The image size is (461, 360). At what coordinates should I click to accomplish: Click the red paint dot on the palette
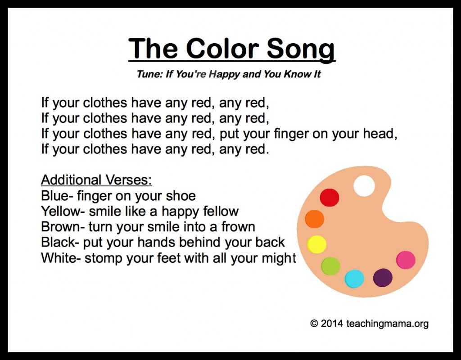[329, 198]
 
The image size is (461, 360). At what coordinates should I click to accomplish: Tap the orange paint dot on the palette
[315, 219]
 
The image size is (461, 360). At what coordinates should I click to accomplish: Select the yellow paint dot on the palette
[316, 244]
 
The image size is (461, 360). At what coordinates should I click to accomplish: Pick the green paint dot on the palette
[330, 266]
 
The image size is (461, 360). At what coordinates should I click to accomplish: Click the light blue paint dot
[354, 279]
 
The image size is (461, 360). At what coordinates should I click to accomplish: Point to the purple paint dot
[383, 277]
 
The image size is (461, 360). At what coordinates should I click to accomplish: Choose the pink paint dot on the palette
[406, 260]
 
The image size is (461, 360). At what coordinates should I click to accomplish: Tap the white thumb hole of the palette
[364, 186]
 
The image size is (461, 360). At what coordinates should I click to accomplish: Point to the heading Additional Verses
[96, 180]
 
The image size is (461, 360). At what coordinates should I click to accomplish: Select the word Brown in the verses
[59, 227]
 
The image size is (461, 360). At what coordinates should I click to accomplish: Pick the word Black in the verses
[58, 242]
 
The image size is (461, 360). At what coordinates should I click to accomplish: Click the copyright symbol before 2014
[314, 324]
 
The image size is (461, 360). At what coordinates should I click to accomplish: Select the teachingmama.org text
[388, 324]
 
